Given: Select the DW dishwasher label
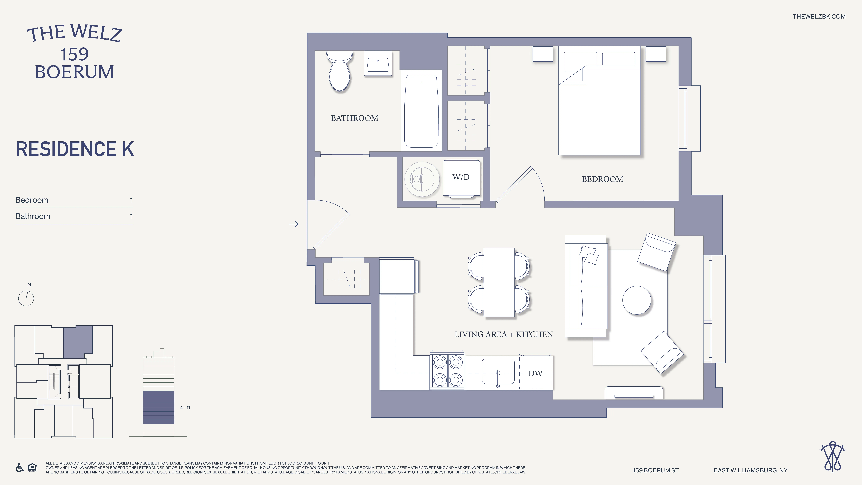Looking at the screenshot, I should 535,374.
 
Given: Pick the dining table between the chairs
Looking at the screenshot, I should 499,282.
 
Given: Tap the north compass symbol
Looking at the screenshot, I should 26,298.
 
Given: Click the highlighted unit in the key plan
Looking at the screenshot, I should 78,341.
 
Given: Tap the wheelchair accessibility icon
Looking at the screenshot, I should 20,468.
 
